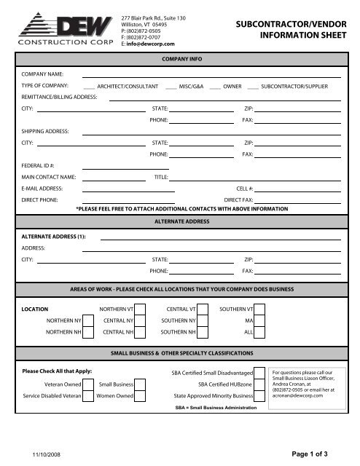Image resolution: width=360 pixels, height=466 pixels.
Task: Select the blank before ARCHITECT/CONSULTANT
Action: click(89, 87)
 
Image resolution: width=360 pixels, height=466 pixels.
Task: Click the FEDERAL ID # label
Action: click(38, 165)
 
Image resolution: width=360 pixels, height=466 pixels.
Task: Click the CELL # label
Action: click(244, 188)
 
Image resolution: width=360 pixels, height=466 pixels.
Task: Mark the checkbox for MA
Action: click(259, 320)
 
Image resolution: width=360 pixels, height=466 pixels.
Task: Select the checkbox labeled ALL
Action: click(259, 332)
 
